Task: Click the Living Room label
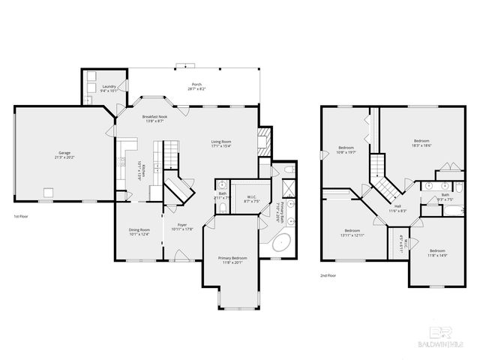point(220,143)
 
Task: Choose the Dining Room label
point(139,232)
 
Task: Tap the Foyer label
point(182,226)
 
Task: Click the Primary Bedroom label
point(233,259)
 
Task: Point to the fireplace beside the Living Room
point(262,141)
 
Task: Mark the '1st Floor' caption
point(22,217)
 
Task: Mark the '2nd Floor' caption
point(328,275)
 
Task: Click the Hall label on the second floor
point(397,208)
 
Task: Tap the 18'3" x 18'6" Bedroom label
point(422,143)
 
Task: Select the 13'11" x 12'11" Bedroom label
point(353,232)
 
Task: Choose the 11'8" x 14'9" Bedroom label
point(437,253)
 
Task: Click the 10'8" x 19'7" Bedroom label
point(346,149)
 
